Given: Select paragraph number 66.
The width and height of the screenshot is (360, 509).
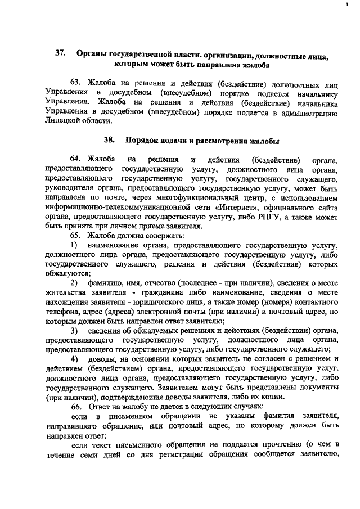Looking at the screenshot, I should pyautogui.click(x=76, y=406).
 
